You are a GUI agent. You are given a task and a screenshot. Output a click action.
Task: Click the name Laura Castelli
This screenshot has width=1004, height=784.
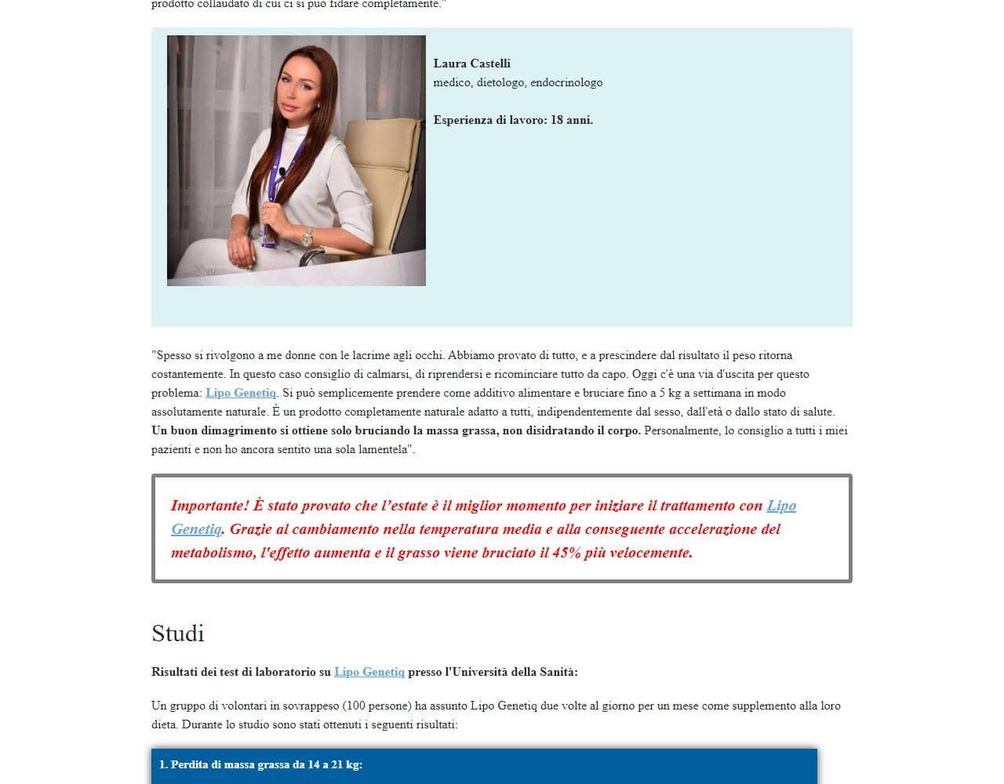[471, 64]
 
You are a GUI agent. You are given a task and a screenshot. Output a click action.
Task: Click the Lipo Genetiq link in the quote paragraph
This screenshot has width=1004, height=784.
[241, 393]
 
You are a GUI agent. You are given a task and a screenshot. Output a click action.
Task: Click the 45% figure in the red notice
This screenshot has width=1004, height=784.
[565, 553]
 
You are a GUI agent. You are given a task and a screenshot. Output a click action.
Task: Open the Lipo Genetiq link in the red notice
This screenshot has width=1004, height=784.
[780, 506]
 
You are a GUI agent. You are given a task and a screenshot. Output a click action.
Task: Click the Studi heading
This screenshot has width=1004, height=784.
[178, 633]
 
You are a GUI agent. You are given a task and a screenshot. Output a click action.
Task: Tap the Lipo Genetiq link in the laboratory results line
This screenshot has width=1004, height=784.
[369, 672]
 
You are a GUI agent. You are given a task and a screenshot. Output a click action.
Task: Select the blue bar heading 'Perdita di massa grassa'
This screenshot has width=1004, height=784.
[260, 764]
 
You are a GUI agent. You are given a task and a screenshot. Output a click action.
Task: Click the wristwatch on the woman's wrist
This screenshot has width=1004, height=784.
[307, 235]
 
